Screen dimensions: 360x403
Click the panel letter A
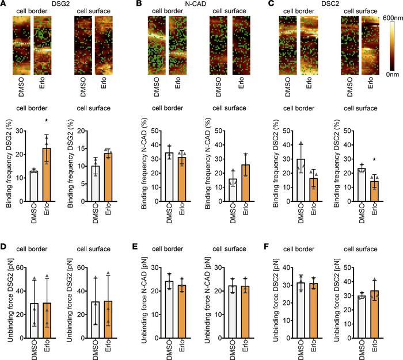(x=5, y=5)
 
